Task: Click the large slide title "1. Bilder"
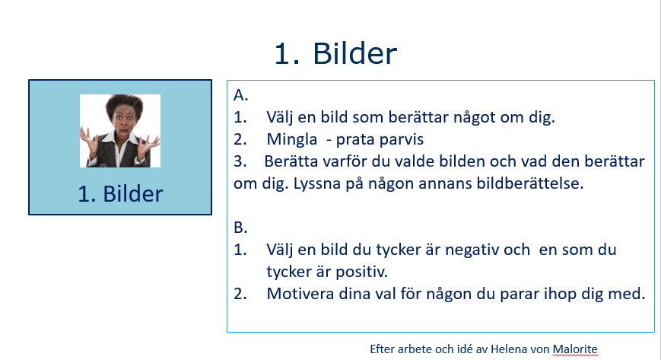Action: [x=335, y=53]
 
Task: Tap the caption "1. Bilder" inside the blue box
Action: [x=120, y=194]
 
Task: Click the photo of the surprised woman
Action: [x=120, y=131]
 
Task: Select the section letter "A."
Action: [x=241, y=95]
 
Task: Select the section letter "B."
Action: [x=240, y=228]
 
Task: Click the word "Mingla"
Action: [x=292, y=139]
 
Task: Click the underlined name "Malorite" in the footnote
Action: [x=575, y=349]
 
